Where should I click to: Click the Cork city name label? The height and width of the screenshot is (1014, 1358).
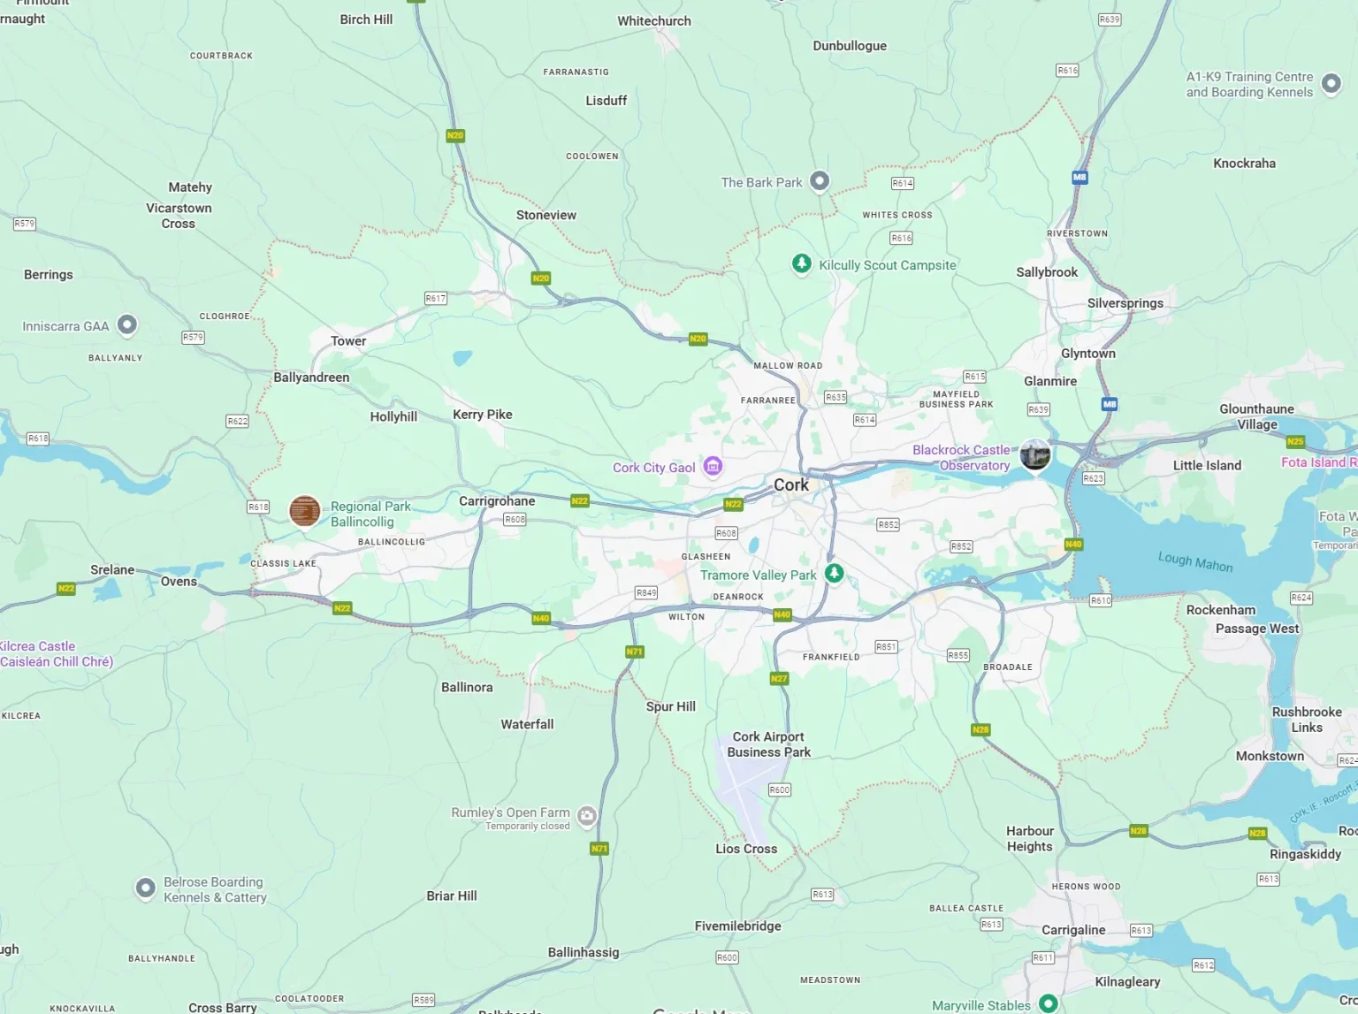point(790,484)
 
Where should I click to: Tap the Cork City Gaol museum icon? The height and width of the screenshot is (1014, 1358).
point(713,466)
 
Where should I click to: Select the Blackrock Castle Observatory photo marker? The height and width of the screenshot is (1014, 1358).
point(1034,454)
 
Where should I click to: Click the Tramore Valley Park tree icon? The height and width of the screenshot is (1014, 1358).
point(834,573)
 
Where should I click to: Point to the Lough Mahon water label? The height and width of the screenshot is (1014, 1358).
point(1194,561)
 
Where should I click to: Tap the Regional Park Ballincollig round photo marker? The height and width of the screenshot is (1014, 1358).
point(305,511)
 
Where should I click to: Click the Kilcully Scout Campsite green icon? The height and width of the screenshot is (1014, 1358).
point(801,263)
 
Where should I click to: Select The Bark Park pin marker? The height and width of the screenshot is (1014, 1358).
point(820,180)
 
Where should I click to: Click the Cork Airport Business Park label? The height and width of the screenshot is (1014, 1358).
point(768,744)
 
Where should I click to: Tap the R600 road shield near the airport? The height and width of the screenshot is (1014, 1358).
point(779,789)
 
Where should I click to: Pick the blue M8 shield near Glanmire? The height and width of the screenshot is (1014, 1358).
point(1109,404)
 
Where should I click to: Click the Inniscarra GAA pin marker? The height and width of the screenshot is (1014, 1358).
point(127,324)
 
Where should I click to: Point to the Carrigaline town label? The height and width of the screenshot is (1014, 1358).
point(1073,930)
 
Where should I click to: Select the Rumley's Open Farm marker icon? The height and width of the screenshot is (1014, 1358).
point(586,815)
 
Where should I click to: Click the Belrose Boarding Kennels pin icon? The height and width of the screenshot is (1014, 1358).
point(146,888)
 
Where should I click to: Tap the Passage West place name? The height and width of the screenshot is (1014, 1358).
point(1256,629)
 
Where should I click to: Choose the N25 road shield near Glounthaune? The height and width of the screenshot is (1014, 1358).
point(1295,441)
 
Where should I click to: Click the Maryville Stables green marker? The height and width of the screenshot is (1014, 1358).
point(1048,1003)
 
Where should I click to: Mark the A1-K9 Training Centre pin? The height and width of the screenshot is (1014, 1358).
point(1331,83)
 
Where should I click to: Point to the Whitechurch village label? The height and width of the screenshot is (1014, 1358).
point(654,21)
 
